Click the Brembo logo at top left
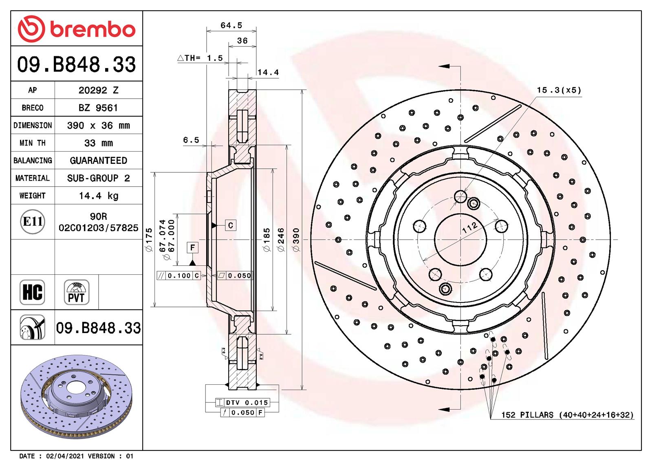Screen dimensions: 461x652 [x=76, y=29]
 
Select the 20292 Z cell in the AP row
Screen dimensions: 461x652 [x=98, y=90]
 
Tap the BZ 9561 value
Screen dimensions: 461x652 [x=98, y=108]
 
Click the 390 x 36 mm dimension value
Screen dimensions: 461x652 [x=98, y=126]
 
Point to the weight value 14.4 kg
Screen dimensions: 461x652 [x=98, y=196]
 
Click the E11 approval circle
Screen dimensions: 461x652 [x=33, y=222]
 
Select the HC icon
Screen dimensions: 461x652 [x=32, y=292]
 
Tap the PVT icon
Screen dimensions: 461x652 [x=76, y=292]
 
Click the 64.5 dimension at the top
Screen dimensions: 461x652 [x=231, y=25]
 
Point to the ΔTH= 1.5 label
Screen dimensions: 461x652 [x=200, y=58]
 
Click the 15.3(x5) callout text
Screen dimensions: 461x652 [x=559, y=90]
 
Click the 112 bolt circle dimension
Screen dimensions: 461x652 [x=469, y=227]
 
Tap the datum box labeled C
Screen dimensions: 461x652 [x=231, y=225]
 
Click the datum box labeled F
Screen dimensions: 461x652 [x=192, y=247]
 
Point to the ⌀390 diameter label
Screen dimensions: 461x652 [x=297, y=240]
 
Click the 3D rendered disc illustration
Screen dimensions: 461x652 [x=76, y=395]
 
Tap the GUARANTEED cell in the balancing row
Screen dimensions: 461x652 [x=98, y=161]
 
